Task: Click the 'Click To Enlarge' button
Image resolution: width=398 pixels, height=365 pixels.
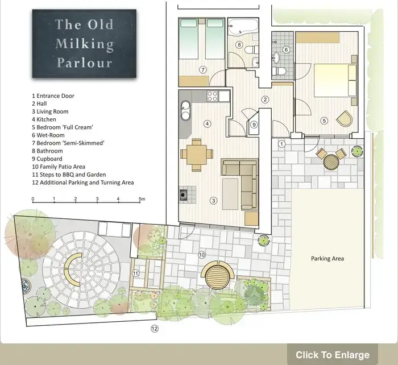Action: pos(332,355)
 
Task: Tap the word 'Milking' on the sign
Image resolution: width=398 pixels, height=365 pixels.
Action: pos(84,44)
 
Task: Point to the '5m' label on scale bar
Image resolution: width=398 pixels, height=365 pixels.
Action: pos(142,200)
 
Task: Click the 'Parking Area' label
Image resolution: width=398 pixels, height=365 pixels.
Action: pos(327,259)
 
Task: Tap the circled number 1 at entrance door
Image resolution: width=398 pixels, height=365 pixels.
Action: pos(281,144)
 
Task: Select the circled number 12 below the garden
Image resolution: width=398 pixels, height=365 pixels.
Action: pos(154,329)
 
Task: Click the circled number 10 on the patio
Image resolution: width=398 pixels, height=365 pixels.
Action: pos(201,255)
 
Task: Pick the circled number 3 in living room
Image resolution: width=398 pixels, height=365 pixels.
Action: pos(213,200)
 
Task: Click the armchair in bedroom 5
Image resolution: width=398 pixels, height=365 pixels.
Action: pos(344,119)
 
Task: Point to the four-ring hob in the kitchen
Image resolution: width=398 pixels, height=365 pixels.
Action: pos(214,96)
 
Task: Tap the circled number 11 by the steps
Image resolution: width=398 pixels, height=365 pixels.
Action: pos(135,273)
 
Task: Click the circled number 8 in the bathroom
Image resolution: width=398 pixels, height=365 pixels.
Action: pos(239,44)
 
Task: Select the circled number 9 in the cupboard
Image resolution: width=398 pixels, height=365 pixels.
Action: pos(254,125)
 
